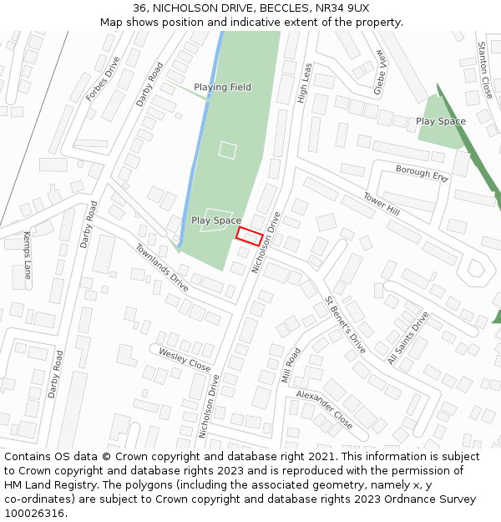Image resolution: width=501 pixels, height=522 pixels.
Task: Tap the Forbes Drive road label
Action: point(103,79)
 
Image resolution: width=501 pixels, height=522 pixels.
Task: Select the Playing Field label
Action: point(222,87)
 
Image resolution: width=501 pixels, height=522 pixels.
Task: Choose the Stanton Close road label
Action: point(484,70)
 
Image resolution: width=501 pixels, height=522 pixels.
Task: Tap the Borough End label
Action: point(422,174)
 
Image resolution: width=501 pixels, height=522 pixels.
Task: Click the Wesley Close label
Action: point(185,360)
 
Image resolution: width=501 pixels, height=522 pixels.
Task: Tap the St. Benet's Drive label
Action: point(346,324)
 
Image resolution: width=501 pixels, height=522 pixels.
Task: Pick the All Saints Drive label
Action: point(407,339)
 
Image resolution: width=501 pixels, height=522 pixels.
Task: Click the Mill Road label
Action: point(291,364)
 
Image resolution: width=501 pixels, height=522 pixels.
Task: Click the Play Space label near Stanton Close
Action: point(441,121)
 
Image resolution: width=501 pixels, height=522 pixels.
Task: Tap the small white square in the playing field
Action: point(227,150)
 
